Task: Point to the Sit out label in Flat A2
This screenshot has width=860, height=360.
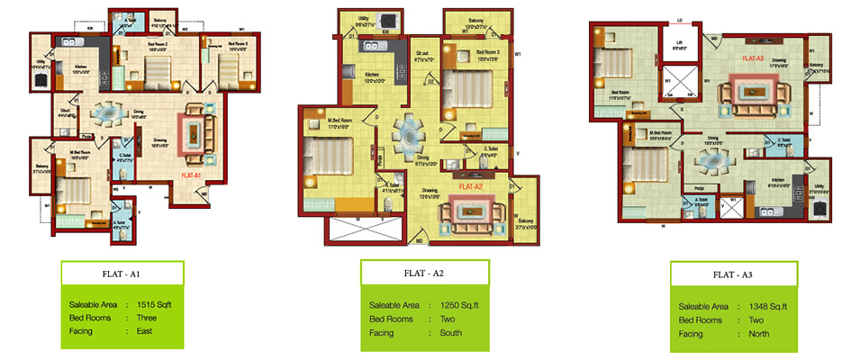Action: click(x=422, y=53)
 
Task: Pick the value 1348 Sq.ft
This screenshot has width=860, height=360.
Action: click(x=769, y=306)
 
